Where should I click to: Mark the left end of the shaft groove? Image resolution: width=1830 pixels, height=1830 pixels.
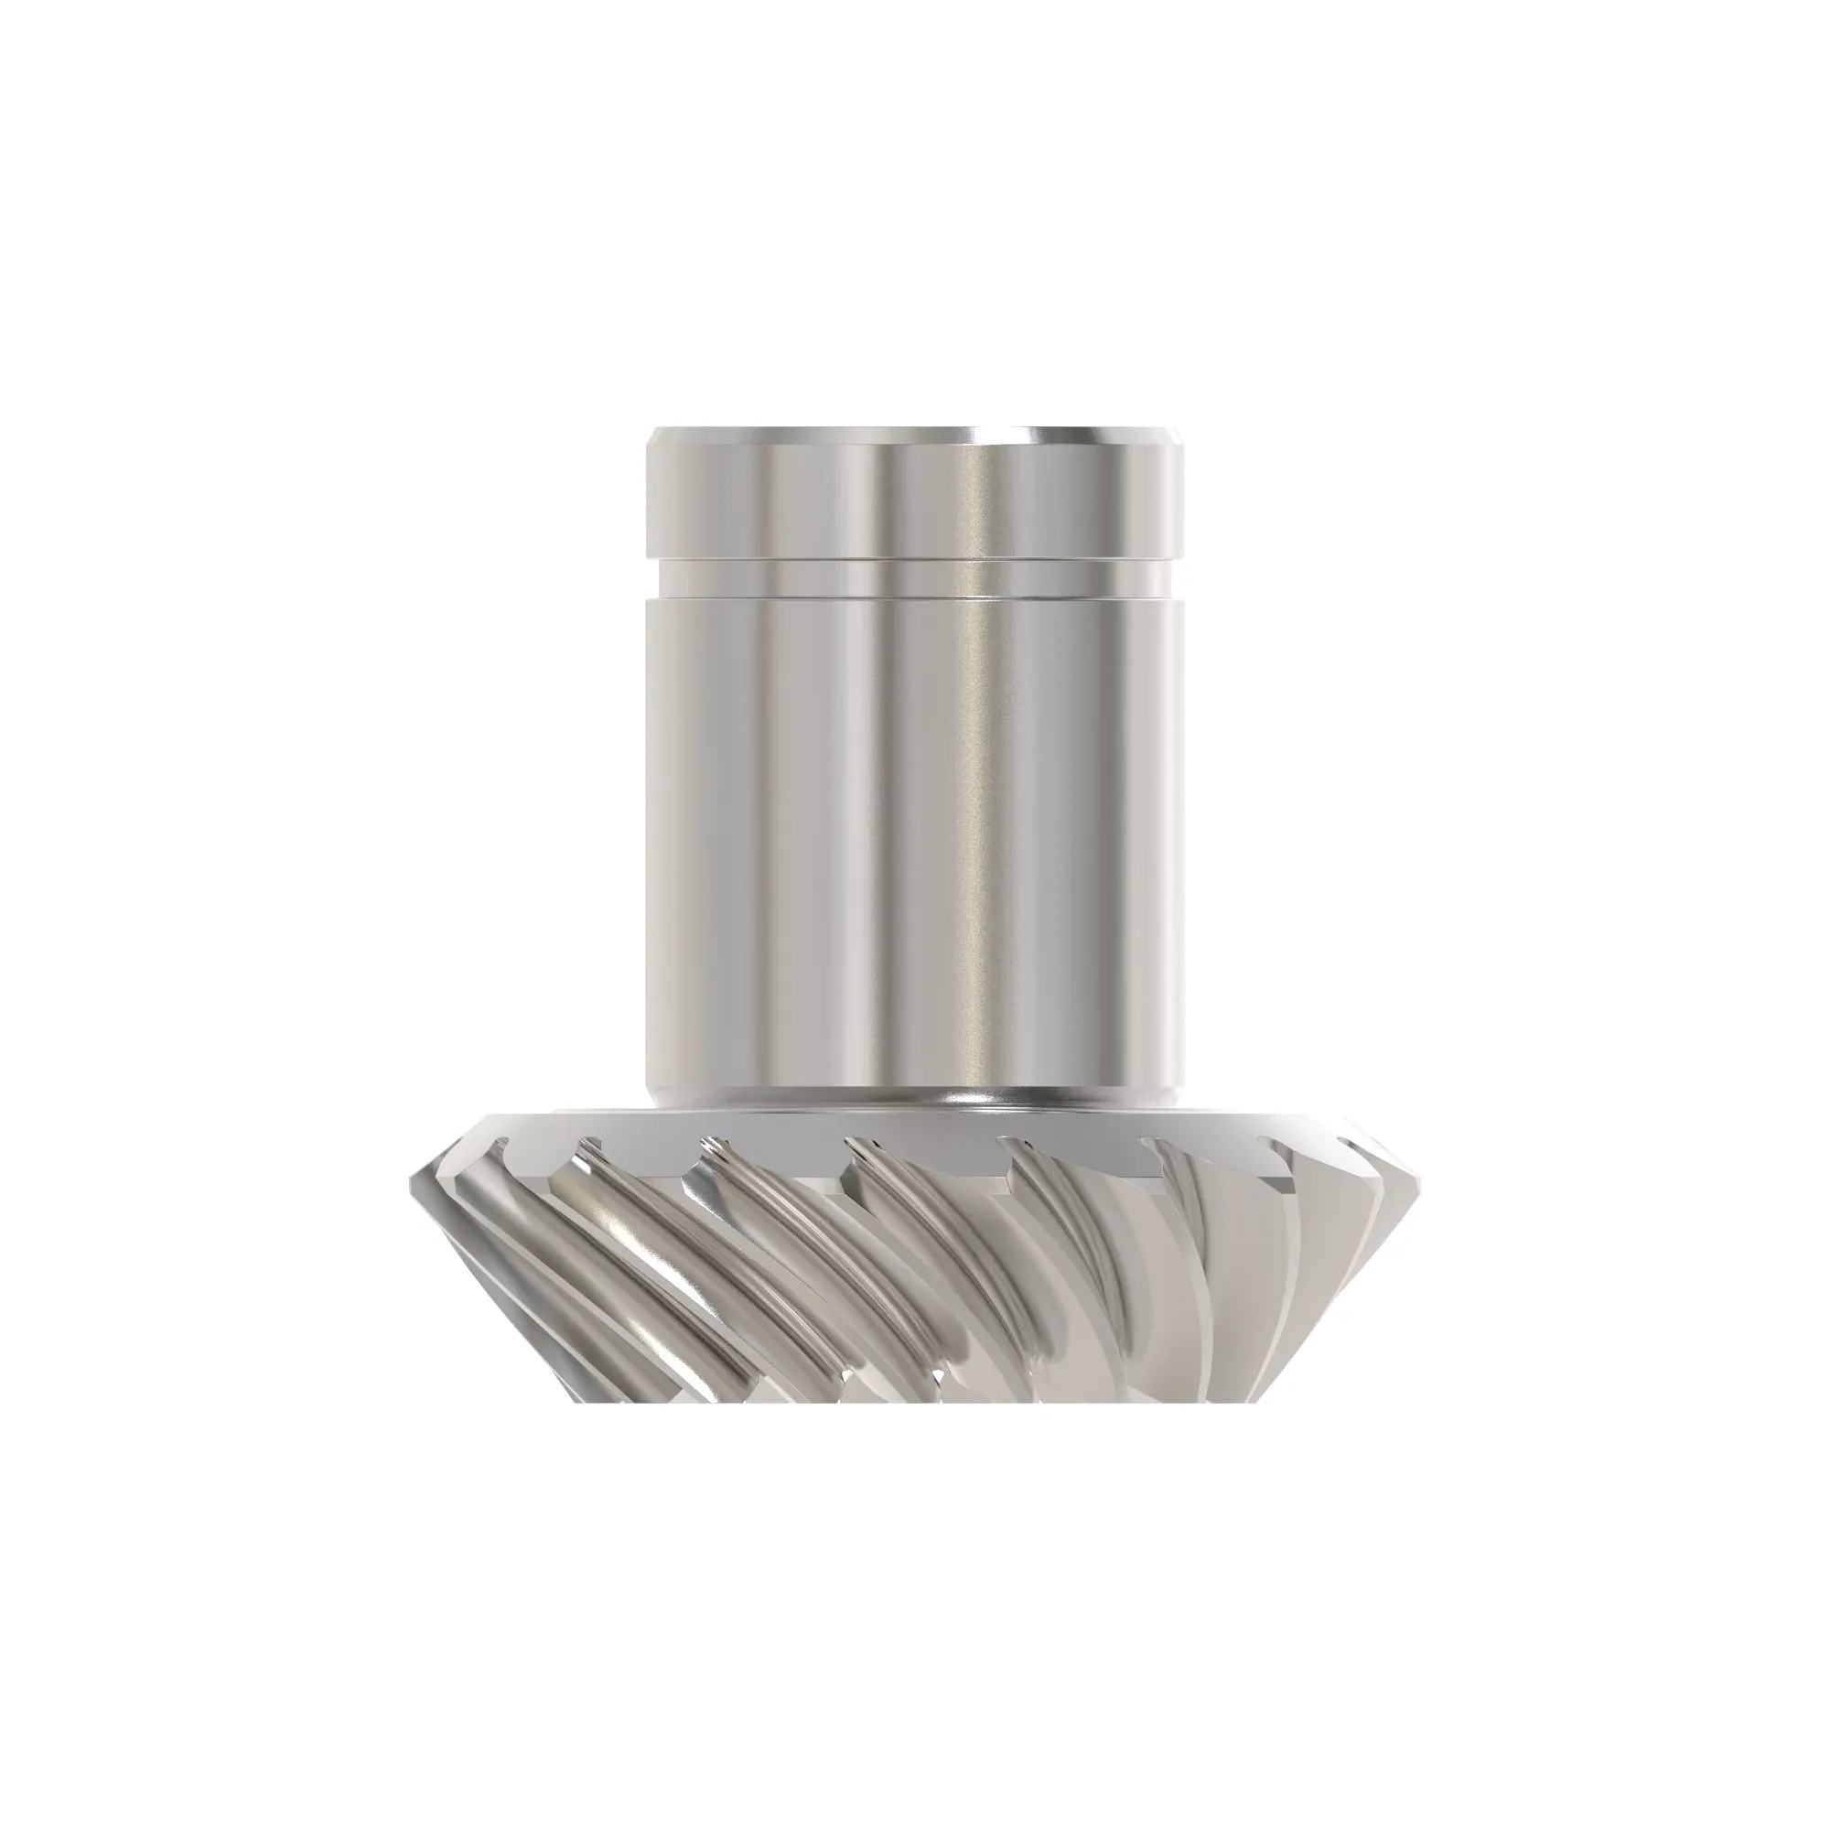pos(651,577)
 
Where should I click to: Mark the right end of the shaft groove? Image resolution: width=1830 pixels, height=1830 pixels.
pos(1179,577)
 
